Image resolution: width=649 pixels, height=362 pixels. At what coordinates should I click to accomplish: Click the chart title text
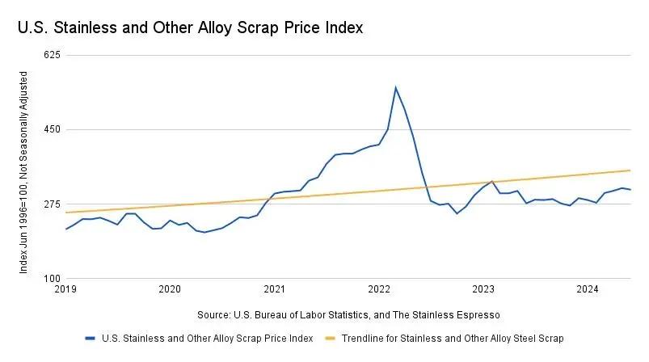pos(190,28)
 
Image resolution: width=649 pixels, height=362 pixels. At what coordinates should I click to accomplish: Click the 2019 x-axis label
pos(65,288)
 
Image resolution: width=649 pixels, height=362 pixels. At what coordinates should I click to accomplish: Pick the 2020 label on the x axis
pos(170,288)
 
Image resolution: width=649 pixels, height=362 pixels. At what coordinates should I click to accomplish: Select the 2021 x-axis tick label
pos(275,288)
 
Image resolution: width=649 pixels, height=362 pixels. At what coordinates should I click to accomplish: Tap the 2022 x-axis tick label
pos(379,288)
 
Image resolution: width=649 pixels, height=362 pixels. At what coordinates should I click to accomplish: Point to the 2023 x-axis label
pos(483,288)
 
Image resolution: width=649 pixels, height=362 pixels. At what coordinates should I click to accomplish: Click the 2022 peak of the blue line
pos(395,87)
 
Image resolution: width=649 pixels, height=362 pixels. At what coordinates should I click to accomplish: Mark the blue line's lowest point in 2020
pos(204,233)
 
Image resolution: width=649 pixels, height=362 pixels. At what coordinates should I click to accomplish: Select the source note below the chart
pos(348,314)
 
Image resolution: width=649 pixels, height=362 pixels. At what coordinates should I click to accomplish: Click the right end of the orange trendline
pos(630,170)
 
